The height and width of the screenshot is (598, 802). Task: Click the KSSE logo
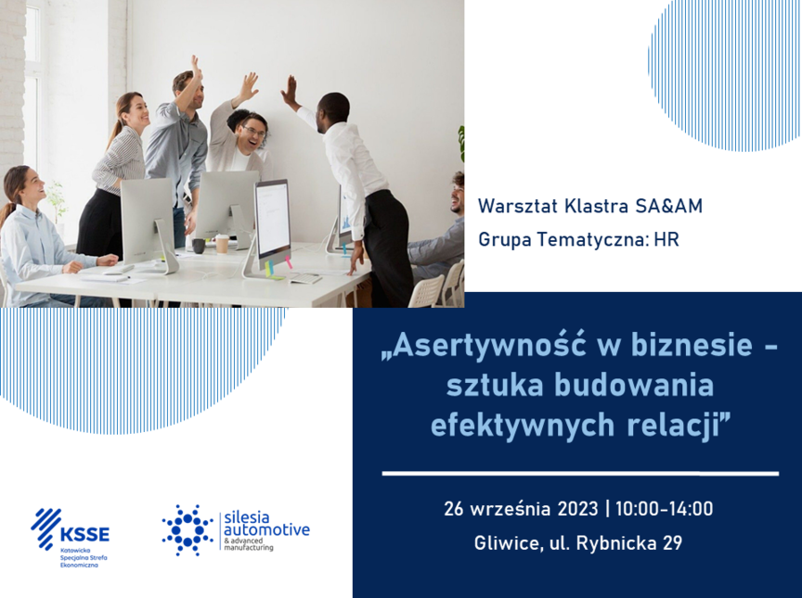[x=70, y=537]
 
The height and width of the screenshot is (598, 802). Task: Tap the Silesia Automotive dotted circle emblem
[x=188, y=530]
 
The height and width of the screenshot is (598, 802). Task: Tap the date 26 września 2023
[x=521, y=509]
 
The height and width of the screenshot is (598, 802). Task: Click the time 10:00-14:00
[x=664, y=509]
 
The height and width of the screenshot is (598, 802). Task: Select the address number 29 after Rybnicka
[x=672, y=543]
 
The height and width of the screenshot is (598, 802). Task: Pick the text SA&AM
[x=669, y=206]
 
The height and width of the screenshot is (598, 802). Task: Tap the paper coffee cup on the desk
[x=222, y=244]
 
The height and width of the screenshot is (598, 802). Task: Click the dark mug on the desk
[x=199, y=246]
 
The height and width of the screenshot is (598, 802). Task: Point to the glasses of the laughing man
[x=254, y=130]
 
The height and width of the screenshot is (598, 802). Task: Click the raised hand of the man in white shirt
[x=289, y=91]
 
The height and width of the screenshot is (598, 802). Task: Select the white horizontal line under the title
[x=580, y=474]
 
